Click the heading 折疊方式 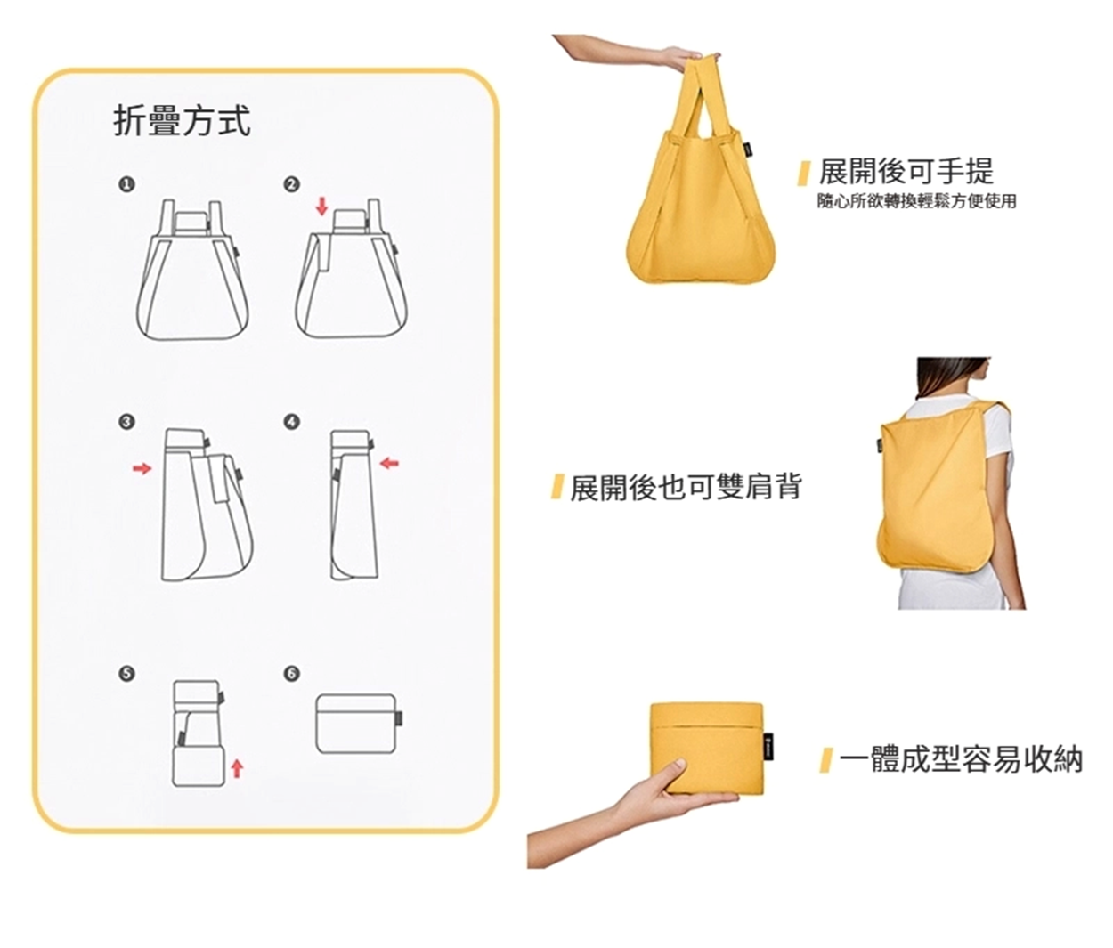click(182, 122)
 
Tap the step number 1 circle click(126, 184)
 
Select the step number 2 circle click(291, 184)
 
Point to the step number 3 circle click(126, 422)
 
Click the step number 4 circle click(291, 422)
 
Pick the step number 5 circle click(126, 674)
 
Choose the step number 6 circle click(291, 674)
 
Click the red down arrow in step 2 click(322, 207)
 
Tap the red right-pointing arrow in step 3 click(142, 469)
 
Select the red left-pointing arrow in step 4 click(389, 462)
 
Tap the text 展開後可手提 click(906, 171)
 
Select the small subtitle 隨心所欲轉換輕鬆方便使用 click(916, 202)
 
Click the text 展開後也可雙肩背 click(686, 487)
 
